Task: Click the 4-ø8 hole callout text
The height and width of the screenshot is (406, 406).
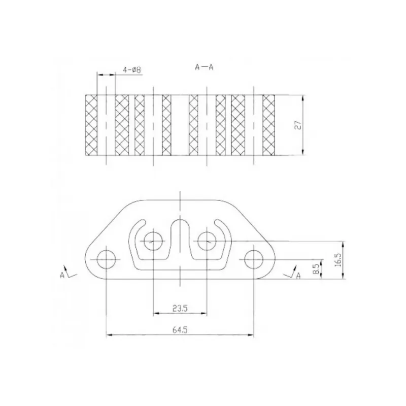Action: pos(132,70)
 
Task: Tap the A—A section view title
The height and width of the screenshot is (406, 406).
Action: pos(204,67)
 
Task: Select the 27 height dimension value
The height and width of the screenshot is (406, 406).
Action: pos(298,125)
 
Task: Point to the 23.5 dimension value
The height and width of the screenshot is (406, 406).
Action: pos(180,309)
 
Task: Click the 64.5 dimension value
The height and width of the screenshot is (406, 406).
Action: pos(180,330)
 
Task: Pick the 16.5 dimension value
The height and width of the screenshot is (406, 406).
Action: pos(338,260)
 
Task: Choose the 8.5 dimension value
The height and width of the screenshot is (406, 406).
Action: pos(316,269)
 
